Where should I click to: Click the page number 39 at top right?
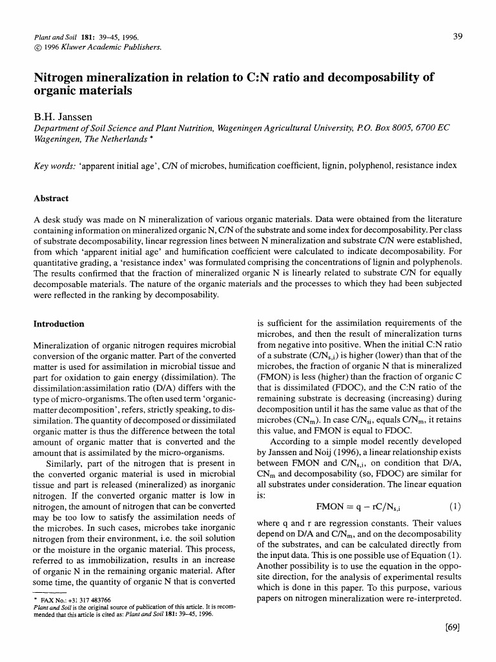[x=457, y=36]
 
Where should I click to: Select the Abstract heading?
[x=51, y=199]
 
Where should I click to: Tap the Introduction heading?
[x=58, y=323]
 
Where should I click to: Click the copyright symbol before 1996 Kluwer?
[x=37, y=47]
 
